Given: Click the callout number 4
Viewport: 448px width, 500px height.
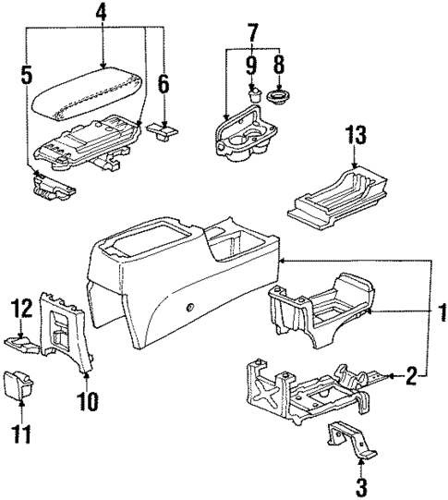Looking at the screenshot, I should [101, 13].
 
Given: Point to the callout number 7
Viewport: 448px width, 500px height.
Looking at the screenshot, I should [253, 34].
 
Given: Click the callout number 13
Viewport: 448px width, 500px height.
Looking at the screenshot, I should [352, 133].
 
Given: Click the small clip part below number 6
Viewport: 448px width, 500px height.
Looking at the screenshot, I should [164, 135].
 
